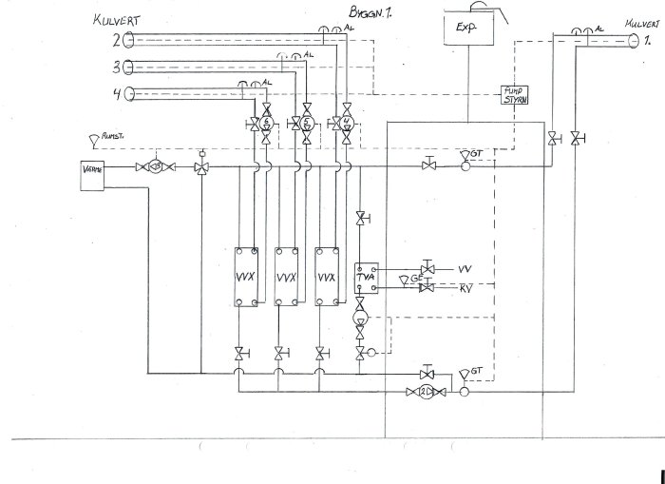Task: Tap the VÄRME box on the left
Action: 92,175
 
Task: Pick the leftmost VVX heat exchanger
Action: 248,277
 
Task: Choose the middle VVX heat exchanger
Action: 287,277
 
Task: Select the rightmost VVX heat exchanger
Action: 327,277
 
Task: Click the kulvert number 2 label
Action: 115,40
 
